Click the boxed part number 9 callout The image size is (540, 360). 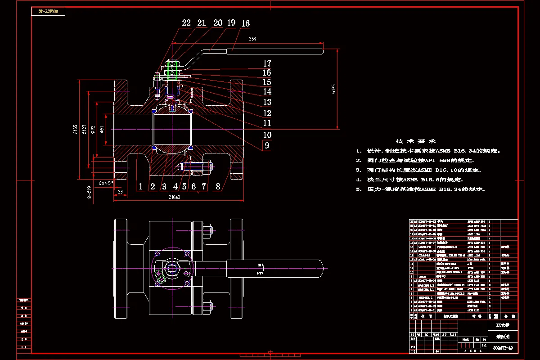pyautogui.click(x=267, y=145)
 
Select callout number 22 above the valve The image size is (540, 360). pyautogui.click(x=186, y=23)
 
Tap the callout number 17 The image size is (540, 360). pyautogui.click(x=267, y=64)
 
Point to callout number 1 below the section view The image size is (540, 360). pyautogui.click(x=140, y=186)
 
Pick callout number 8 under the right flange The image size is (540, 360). pyautogui.click(x=218, y=186)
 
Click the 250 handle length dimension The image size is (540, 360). pyautogui.click(x=252, y=39)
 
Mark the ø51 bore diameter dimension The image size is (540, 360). pyautogui.click(x=102, y=129)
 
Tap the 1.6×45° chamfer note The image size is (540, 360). pyautogui.click(x=104, y=183)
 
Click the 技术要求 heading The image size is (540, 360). pyautogui.click(x=415, y=141)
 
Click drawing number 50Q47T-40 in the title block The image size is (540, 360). pyautogui.click(x=503, y=347)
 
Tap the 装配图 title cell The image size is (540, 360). pyautogui.click(x=503, y=336)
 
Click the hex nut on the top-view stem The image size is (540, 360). pyautogui.click(x=172, y=269)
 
